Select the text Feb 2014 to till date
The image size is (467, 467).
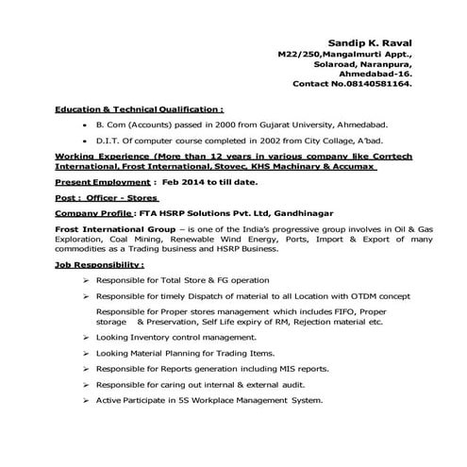pyautogui.click(x=201, y=179)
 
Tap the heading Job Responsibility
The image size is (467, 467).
pyautogui.click(x=99, y=267)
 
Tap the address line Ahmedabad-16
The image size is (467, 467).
pyautogui.click(x=381, y=73)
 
